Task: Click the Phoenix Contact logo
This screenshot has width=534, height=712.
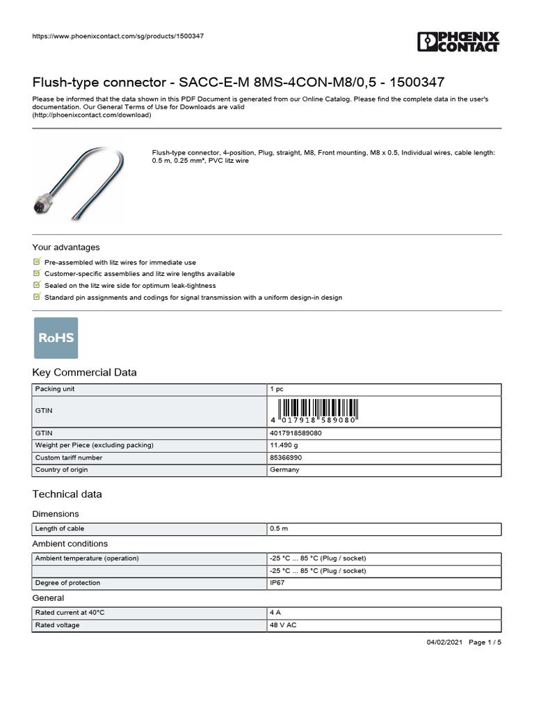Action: tap(458, 41)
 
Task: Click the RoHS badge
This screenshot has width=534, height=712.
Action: tap(56, 338)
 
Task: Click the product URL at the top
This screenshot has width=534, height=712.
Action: tap(118, 35)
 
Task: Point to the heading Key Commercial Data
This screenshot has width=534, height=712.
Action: tap(85, 372)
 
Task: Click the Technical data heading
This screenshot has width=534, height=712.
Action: tap(67, 494)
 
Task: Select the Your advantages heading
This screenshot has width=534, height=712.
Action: tap(66, 247)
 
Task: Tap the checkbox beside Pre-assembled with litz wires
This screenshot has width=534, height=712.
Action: tap(37, 262)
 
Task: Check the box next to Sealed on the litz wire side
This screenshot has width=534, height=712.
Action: tap(37, 285)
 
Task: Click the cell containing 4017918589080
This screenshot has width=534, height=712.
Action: tap(296, 433)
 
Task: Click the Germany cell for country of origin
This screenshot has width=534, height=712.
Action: tap(285, 470)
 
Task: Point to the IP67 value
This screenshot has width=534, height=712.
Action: tap(277, 583)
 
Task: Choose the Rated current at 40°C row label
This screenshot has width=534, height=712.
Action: tap(70, 613)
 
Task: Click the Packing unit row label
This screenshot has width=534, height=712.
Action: tap(55, 389)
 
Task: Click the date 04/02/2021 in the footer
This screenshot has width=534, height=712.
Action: tap(444, 642)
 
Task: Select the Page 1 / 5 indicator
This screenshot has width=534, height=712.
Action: tap(485, 642)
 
